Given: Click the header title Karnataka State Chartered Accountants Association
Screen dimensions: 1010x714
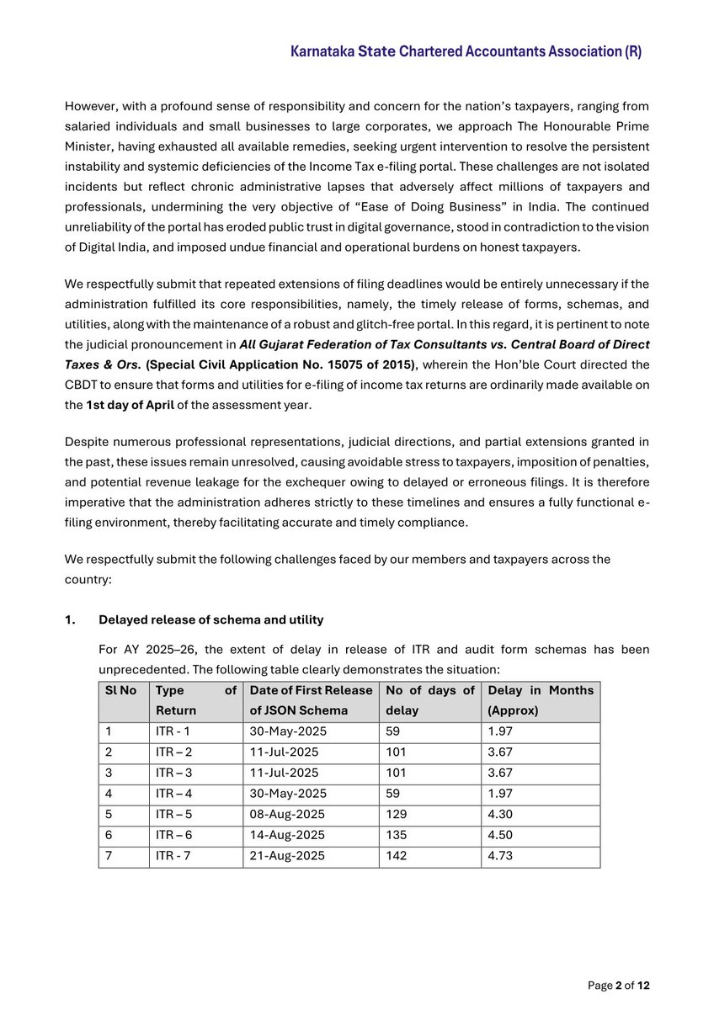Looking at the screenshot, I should (466, 51).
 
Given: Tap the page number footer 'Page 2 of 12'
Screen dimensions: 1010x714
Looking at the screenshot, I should (618, 986).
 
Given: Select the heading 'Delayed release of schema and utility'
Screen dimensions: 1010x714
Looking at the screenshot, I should (210, 619).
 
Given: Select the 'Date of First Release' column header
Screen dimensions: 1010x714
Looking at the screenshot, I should (310, 690).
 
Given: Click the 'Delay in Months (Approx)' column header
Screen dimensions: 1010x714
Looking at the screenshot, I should (540, 700).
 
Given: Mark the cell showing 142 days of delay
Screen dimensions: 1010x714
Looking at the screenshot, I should (396, 856).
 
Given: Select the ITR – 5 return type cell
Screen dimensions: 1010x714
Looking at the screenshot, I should (173, 815).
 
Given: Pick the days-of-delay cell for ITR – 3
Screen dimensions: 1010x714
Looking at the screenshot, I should (396, 773).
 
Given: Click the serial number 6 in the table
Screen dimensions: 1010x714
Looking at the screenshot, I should (109, 835).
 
